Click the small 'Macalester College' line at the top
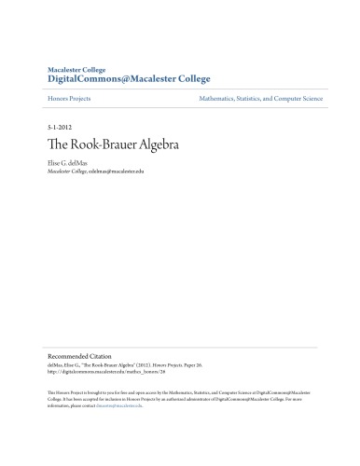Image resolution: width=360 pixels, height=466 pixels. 77,69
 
